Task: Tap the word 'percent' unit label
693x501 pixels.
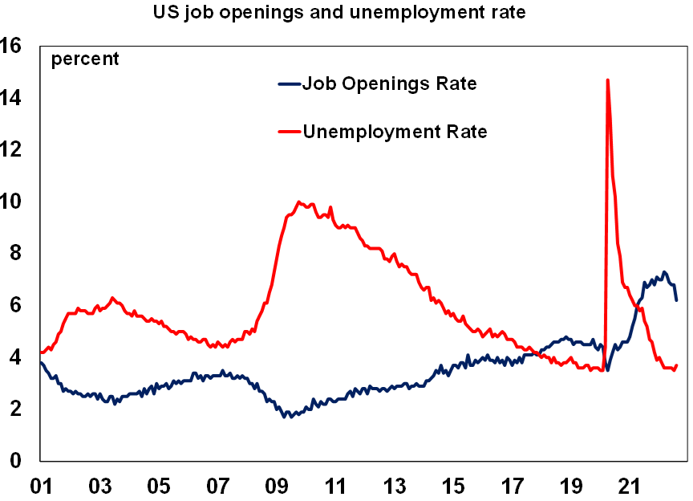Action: point(85,59)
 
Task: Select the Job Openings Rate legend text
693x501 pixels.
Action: point(389,83)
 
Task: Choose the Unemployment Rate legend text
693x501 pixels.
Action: point(395,131)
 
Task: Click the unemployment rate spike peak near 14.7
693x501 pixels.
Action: point(608,80)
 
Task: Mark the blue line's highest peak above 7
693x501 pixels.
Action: point(664,272)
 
